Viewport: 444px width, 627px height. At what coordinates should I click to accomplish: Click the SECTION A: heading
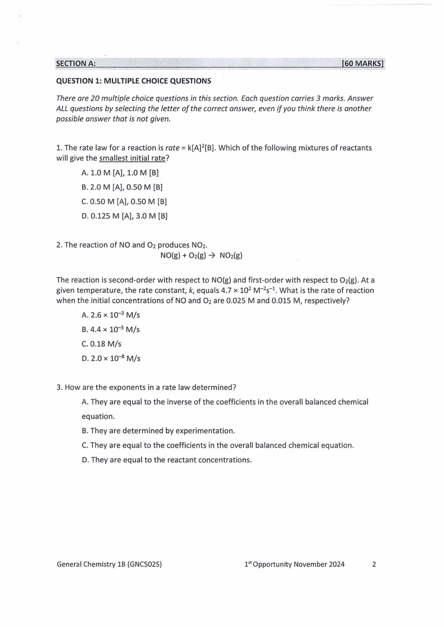75,64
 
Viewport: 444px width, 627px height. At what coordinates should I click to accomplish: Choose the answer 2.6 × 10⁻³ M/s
111,315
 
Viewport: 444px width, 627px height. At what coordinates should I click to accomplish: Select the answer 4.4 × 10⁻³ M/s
111,330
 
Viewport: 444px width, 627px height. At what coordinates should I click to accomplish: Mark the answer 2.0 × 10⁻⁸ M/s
111,358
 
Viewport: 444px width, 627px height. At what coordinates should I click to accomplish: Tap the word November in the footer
308,564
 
